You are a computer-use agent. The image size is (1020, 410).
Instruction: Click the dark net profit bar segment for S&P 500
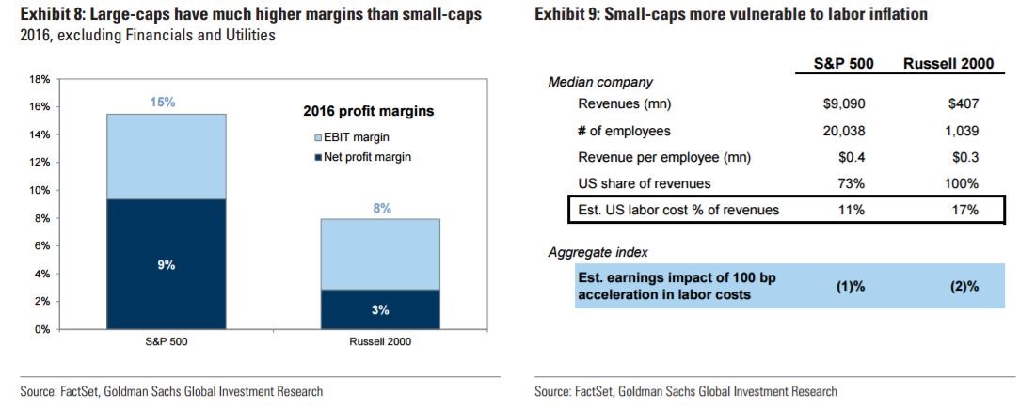[167, 264]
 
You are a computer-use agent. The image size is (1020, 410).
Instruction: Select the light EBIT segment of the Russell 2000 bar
[380, 254]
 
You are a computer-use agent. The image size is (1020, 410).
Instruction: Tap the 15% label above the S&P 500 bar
[167, 102]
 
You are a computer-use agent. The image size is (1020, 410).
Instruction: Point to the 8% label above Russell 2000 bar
[382, 209]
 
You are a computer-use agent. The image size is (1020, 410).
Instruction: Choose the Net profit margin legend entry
[363, 156]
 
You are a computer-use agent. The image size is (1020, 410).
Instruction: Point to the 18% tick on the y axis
[41, 79]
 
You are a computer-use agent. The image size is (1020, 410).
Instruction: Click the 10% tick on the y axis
[41, 190]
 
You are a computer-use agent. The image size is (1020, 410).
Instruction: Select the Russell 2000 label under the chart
[380, 341]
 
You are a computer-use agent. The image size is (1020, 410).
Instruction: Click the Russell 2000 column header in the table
[948, 64]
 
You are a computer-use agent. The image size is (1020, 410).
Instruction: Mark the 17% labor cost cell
[965, 210]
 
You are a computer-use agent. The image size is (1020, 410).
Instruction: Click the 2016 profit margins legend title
[368, 111]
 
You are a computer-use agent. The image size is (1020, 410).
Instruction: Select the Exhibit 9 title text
[730, 14]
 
